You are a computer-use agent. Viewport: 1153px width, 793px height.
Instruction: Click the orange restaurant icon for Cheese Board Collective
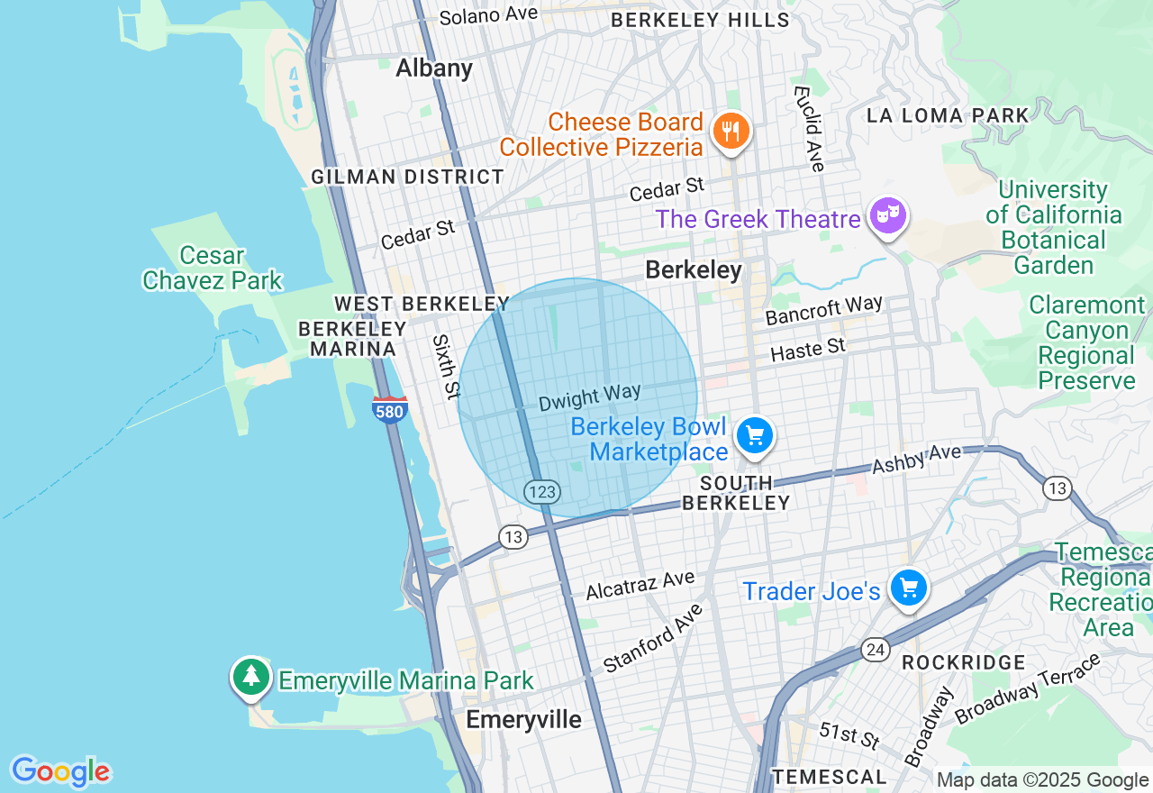point(731,132)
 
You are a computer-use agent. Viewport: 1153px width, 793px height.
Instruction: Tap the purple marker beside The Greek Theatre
point(888,216)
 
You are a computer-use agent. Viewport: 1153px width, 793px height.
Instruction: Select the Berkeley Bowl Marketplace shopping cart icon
point(755,437)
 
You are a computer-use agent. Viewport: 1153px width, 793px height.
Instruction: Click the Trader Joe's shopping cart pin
point(908,588)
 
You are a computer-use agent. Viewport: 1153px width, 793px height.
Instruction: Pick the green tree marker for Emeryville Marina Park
point(250,677)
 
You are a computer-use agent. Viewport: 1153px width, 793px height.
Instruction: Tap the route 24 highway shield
point(874,649)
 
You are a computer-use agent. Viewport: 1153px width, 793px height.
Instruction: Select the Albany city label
point(434,68)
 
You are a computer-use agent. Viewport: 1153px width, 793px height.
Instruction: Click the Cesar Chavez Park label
point(213,268)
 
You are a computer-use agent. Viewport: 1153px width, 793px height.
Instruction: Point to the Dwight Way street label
point(590,397)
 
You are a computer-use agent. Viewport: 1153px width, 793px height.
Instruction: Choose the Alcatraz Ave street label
point(640,585)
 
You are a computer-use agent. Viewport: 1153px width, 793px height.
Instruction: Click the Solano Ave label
point(488,15)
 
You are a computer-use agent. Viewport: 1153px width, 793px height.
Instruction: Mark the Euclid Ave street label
point(808,129)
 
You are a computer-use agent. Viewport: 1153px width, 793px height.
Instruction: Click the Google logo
point(60,771)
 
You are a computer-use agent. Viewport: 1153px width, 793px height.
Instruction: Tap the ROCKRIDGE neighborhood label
point(963,662)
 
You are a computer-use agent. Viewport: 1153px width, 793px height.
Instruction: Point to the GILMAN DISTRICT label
point(407,177)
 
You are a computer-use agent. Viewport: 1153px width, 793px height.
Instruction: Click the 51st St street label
point(849,734)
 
